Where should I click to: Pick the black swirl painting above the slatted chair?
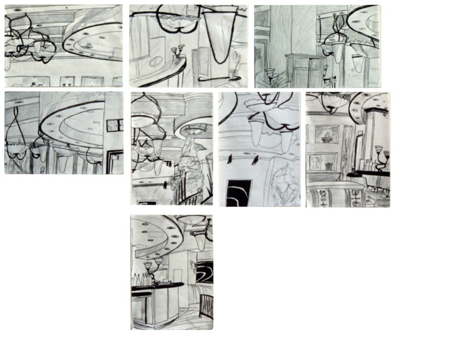click(x=204, y=275)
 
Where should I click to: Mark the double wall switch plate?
click(x=113, y=124)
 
